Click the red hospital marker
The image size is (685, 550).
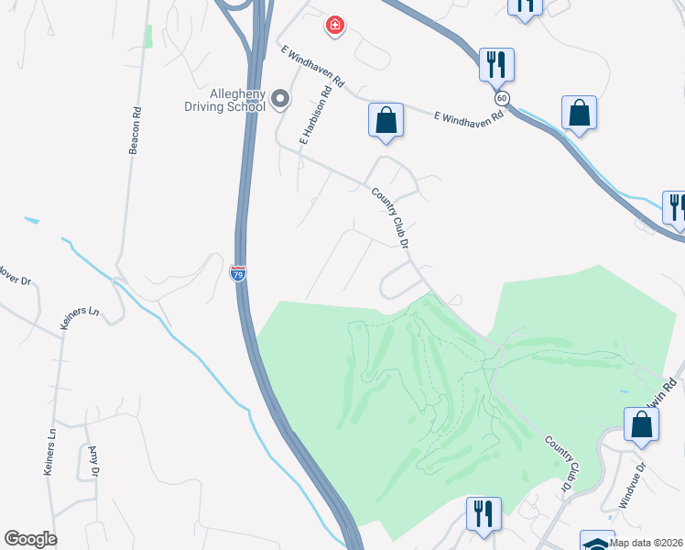click(x=336, y=26)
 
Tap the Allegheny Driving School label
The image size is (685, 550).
click(x=225, y=99)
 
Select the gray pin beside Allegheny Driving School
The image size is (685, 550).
click(x=280, y=99)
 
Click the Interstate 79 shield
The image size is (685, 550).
click(x=237, y=273)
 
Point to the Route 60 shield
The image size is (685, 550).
click(x=501, y=98)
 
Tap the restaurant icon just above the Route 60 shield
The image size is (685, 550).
click(x=496, y=65)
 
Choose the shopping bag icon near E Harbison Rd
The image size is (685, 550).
click(x=386, y=120)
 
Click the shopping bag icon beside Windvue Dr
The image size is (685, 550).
click(x=642, y=425)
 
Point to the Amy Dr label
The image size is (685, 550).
click(x=92, y=461)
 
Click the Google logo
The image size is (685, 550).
click(x=30, y=539)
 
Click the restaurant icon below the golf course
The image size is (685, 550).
click(x=482, y=513)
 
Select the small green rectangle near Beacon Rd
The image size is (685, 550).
click(x=147, y=37)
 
